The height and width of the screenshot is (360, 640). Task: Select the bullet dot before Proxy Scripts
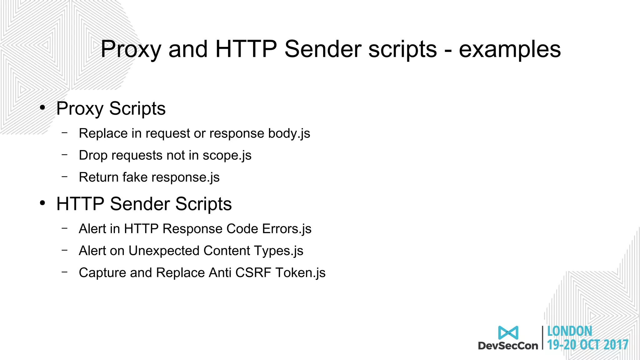tap(42, 108)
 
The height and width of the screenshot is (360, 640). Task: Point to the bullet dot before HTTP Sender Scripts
tap(42, 203)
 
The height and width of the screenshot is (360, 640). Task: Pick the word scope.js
tap(227, 156)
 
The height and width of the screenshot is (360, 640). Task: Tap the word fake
tap(135, 177)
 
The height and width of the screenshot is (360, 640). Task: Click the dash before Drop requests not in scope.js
tap(65, 154)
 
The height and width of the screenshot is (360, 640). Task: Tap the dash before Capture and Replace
tap(65, 272)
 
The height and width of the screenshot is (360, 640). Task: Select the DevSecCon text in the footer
tap(508, 346)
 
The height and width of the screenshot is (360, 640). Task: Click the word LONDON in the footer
tap(569, 331)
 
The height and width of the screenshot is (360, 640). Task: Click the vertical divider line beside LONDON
tap(543, 337)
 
